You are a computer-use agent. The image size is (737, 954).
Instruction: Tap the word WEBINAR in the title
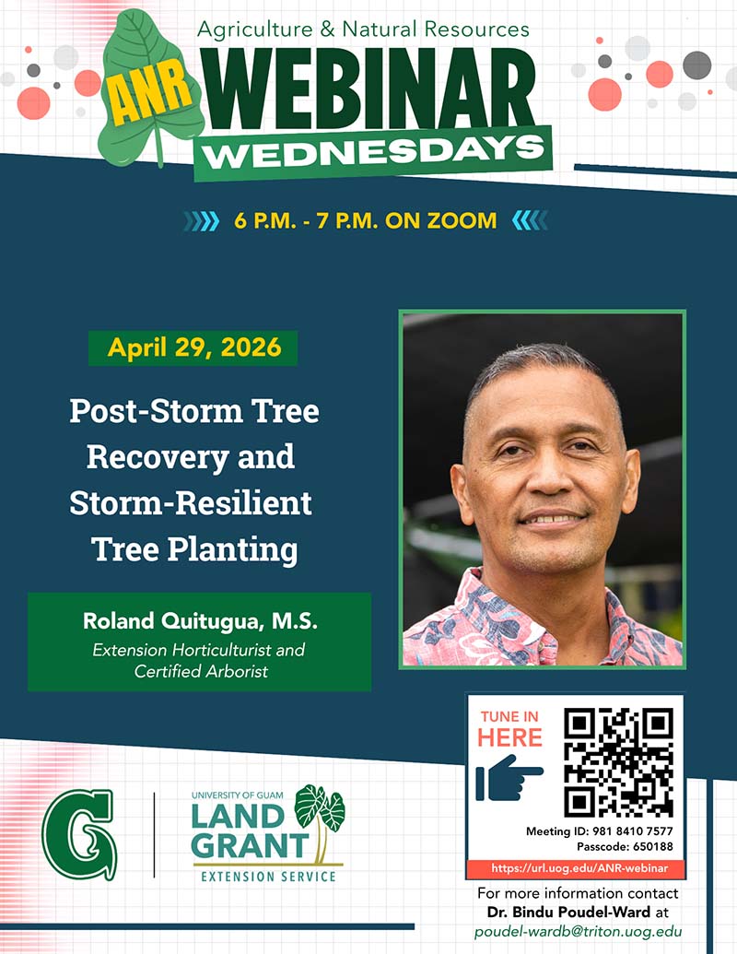pos(368,89)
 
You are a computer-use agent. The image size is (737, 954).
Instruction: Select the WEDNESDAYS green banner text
pos(373,153)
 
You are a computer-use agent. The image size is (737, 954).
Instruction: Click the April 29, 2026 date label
pos(194,347)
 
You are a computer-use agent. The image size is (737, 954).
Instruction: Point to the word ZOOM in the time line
pos(462,220)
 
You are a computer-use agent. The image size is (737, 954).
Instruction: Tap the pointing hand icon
pos(509,778)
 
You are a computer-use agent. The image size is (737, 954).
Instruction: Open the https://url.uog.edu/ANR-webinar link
pos(579,868)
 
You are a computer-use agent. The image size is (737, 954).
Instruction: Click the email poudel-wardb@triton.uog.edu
pos(578,932)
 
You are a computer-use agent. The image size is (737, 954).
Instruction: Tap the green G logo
pos(79,834)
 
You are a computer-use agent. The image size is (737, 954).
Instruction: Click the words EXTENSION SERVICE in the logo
pos(268,877)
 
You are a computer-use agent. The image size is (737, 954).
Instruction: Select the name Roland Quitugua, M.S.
pos(200,621)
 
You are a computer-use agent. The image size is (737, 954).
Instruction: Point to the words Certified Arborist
pos(201,671)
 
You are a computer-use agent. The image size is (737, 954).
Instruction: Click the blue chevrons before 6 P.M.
pos(201,221)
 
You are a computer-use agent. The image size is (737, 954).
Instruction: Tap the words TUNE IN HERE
pos(509,728)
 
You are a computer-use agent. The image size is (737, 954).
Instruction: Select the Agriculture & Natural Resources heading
pos(363,29)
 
